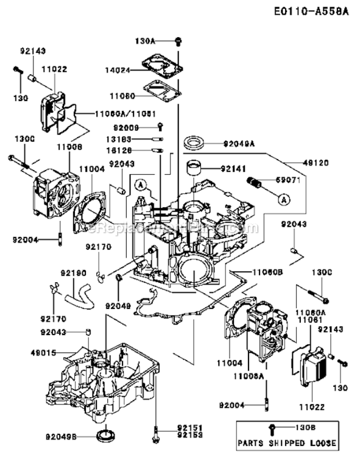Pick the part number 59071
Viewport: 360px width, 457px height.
tap(296, 180)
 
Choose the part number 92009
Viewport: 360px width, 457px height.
tap(127, 128)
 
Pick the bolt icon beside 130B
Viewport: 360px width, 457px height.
tap(270, 428)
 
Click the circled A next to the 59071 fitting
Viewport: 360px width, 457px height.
tap(284, 198)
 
